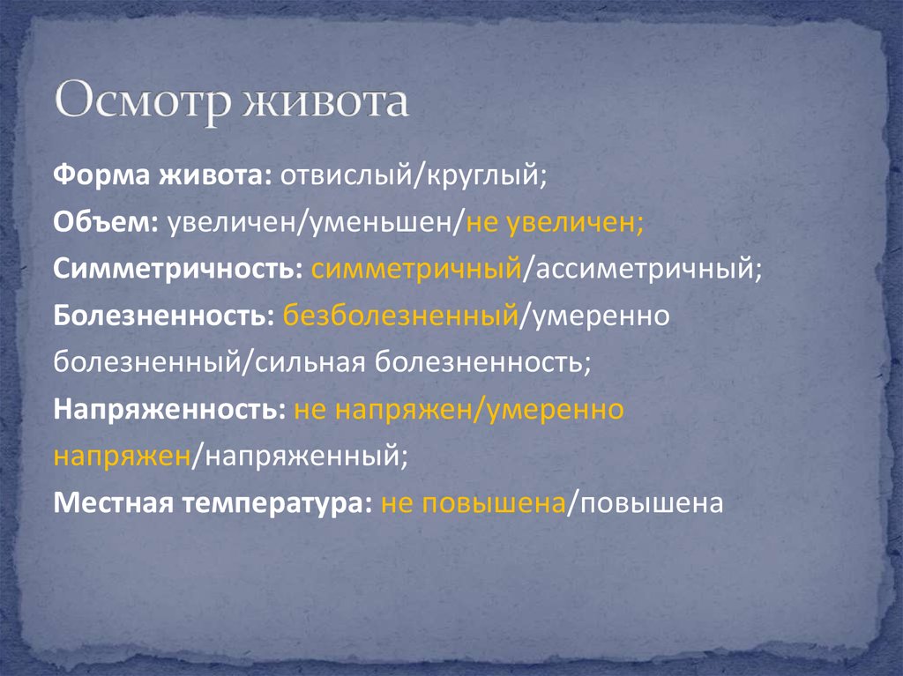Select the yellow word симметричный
pos(414,269)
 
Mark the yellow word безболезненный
pos(399,316)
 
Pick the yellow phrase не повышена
pos(473,503)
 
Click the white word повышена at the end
pos(648,503)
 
